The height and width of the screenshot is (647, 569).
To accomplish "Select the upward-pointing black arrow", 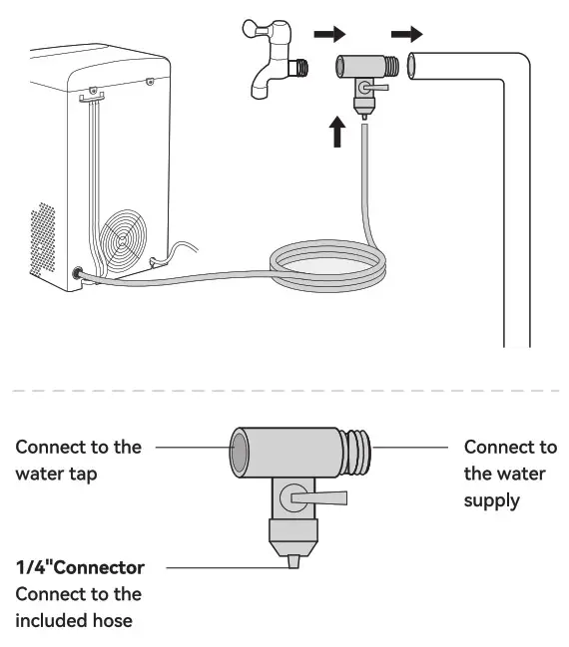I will [x=337, y=129].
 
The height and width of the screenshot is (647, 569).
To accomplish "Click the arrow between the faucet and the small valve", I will [x=328, y=35].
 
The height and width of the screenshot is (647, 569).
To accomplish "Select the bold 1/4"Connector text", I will [x=80, y=567].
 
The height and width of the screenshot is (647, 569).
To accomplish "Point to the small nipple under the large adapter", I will [x=292, y=562].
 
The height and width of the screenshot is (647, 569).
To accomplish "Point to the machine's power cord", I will [x=175, y=254].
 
